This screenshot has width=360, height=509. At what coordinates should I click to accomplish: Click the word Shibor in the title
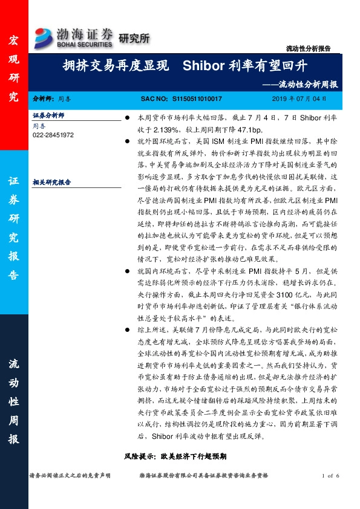point(203,65)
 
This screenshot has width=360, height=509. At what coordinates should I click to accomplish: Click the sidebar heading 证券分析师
point(48,114)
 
